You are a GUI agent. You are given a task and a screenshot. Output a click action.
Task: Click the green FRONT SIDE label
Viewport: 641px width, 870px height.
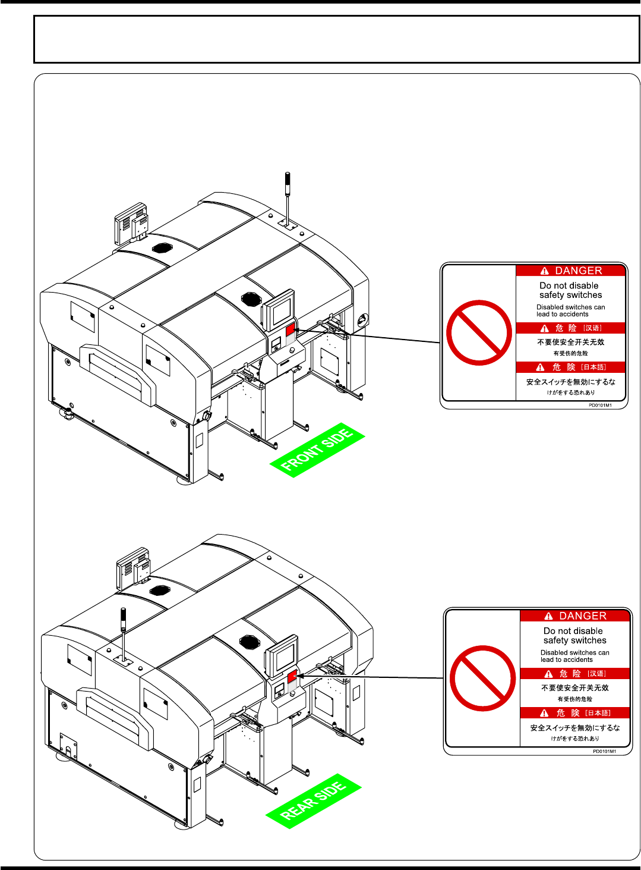click(x=317, y=450)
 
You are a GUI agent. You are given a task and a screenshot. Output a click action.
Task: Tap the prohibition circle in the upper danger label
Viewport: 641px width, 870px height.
click(x=479, y=333)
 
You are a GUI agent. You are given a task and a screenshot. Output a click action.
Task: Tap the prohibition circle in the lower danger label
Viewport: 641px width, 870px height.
click(x=482, y=679)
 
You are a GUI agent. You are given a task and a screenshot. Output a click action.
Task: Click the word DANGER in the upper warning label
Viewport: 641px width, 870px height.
click(x=578, y=271)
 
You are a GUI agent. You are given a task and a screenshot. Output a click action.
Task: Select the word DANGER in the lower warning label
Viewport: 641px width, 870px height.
click(x=582, y=616)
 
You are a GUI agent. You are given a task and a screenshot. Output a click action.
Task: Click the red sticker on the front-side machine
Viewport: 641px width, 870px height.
click(x=290, y=331)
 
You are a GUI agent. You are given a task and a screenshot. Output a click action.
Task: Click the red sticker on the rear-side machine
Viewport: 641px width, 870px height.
click(x=292, y=677)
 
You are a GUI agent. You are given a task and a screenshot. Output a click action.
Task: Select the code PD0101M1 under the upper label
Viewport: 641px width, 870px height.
click(x=600, y=405)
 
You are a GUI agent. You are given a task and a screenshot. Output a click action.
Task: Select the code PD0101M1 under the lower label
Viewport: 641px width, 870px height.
click(x=604, y=751)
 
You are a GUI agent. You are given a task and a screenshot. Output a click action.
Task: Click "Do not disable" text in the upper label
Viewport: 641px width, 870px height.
click(x=569, y=285)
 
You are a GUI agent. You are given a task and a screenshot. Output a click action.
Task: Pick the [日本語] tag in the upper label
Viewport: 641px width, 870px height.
click(x=593, y=367)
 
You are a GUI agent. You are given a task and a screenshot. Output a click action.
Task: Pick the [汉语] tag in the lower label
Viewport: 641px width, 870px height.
click(x=596, y=674)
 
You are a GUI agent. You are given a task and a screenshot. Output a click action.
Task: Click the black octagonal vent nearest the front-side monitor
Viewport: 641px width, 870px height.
click(x=251, y=297)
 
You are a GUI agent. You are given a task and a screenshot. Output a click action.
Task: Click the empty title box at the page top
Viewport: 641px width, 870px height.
click(x=336, y=39)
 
